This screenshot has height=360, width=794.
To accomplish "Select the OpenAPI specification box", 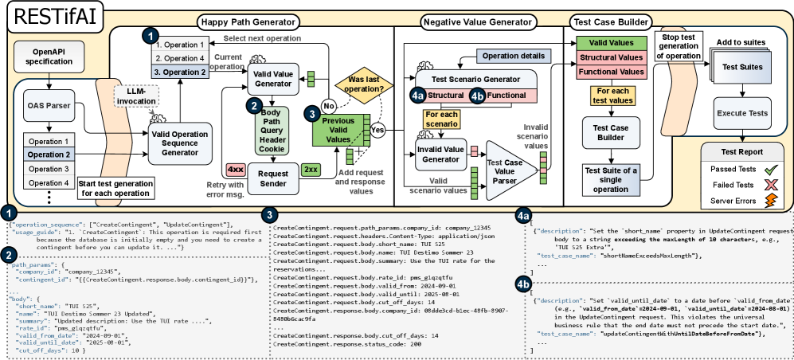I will point(49,59).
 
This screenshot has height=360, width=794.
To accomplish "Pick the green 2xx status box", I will point(311,170).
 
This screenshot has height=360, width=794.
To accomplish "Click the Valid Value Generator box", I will point(272,79).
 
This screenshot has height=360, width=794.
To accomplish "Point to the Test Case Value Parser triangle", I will point(503,163).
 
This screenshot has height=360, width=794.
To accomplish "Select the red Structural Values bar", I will point(610,57).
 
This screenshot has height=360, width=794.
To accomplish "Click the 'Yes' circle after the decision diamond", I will point(377,129).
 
